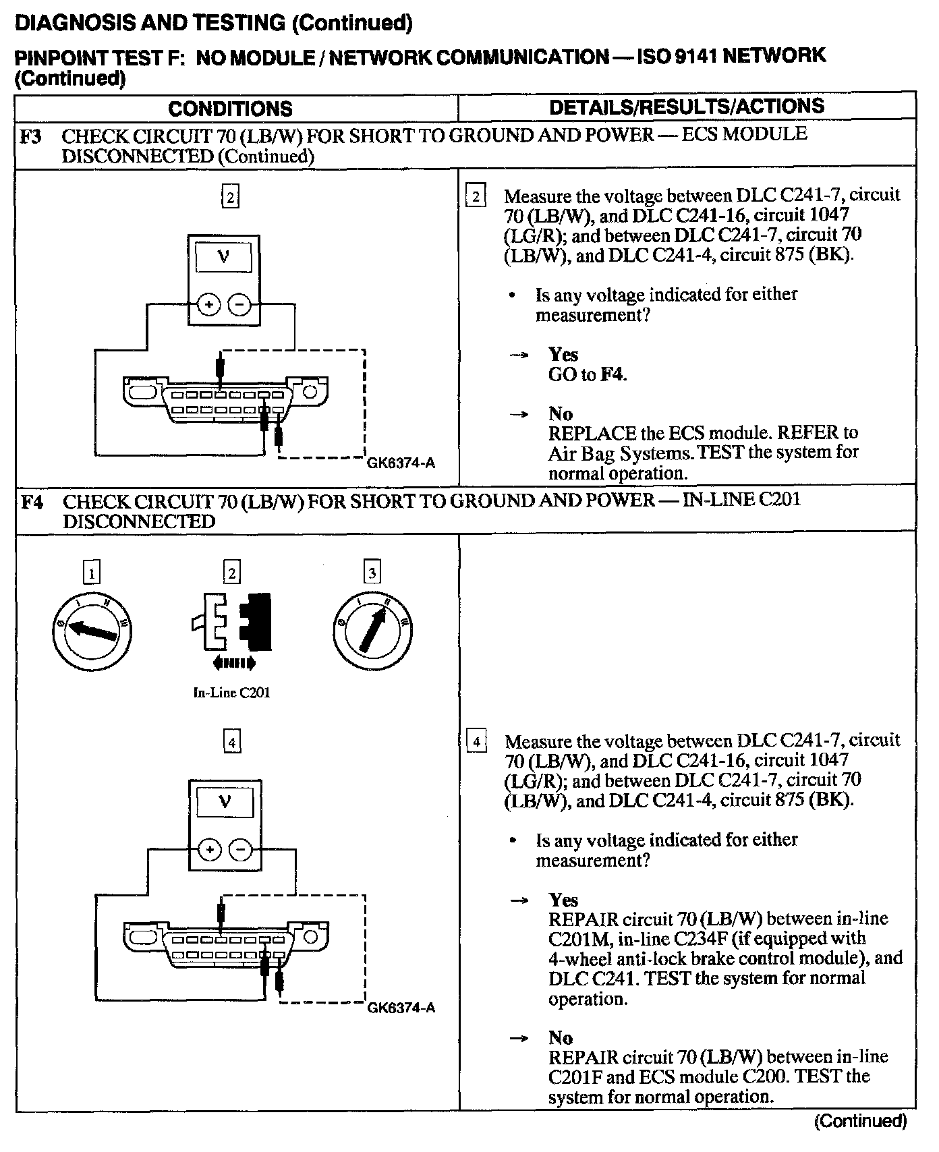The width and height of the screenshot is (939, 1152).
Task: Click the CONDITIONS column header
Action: coord(230,109)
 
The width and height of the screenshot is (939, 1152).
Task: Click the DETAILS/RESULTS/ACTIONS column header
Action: coord(687,107)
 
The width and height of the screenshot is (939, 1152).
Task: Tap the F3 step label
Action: coord(30,136)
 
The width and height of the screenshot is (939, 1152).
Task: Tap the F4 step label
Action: coord(32,502)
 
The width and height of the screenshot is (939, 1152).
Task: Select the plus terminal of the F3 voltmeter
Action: coord(210,305)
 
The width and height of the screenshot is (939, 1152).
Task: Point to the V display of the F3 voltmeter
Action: coord(223,257)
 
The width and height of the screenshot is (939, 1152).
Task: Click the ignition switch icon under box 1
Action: coord(92,630)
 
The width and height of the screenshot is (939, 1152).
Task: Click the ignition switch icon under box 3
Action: coord(372,630)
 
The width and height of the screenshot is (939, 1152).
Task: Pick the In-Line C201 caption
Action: coord(231,693)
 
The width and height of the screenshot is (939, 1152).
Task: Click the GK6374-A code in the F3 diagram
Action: coord(401,463)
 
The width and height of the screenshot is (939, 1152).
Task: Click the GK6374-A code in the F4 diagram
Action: coord(401,1008)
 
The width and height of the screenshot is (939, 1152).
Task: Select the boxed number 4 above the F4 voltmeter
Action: coord(231,743)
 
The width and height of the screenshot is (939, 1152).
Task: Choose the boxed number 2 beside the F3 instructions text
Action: coord(476,197)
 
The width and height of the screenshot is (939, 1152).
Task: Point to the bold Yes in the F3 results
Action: coord(563,355)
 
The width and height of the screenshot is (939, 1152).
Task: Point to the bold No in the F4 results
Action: coord(561,1038)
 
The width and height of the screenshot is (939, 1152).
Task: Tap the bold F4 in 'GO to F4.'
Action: coord(613,375)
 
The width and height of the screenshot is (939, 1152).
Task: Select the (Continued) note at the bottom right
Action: coord(860,1122)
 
